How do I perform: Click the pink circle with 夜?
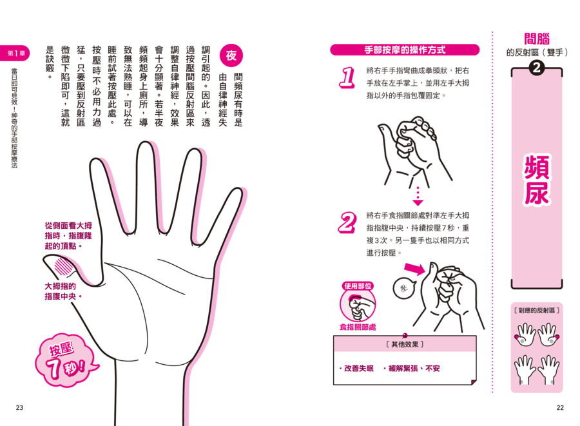click(231, 55)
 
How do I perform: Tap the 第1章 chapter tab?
click(15, 53)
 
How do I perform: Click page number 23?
click(19, 407)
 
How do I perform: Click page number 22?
click(560, 407)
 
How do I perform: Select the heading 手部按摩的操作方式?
click(405, 50)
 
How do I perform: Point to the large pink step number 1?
click(347, 77)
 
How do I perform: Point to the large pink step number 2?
click(347, 222)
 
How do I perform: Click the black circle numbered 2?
click(536, 68)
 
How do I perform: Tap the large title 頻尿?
click(537, 180)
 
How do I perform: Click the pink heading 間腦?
click(537, 39)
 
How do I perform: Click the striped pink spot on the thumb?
click(64, 266)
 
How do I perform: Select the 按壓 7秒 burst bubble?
click(66, 360)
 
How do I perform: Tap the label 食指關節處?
click(358, 327)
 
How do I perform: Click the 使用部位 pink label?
click(358, 286)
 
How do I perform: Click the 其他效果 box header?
click(405, 344)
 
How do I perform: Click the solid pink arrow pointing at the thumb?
click(414, 269)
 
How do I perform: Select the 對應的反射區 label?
click(537, 310)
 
